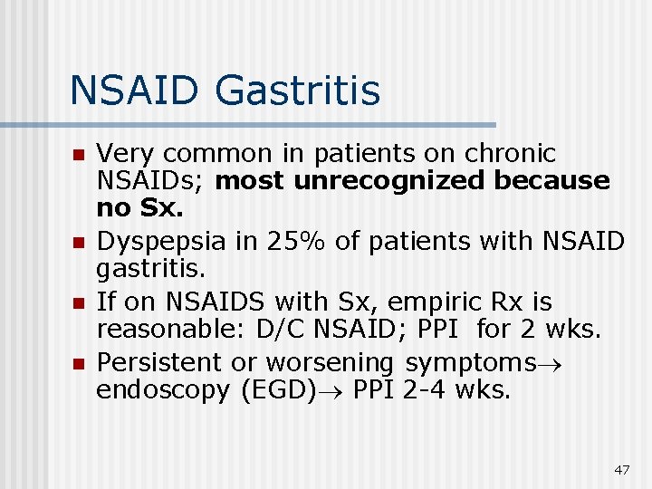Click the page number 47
[x=621, y=470]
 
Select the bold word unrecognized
[x=388, y=181]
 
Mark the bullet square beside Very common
[x=78, y=154]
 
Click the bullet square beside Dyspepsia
[x=78, y=244]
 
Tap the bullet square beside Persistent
[x=78, y=364]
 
